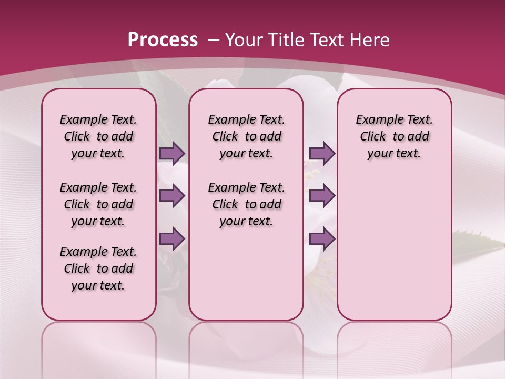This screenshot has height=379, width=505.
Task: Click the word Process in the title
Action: pyautogui.click(x=163, y=39)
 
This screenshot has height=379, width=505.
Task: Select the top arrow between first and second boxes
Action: pyautogui.click(x=171, y=153)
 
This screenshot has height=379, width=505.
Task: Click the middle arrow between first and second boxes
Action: pyautogui.click(x=171, y=196)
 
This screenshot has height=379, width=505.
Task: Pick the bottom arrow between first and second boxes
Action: pyautogui.click(x=171, y=238)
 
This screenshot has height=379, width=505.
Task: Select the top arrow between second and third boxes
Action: pyautogui.click(x=322, y=153)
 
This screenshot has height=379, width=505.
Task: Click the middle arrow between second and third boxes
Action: pyautogui.click(x=322, y=196)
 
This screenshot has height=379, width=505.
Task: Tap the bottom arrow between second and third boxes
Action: pyautogui.click(x=322, y=238)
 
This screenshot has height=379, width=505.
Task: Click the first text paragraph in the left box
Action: pyautogui.click(x=98, y=136)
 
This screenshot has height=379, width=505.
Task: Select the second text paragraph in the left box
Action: pyautogui.click(x=98, y=204)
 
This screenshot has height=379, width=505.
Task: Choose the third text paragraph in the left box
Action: pyautogui.click(x=98, y=268)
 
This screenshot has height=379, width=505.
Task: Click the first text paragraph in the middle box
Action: pyautogui.click(x=246, y=136)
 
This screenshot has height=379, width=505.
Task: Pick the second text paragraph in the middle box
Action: pyautogui.click(x=246, y=204)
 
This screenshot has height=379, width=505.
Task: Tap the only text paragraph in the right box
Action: pyautogui.click(x=394, y=136)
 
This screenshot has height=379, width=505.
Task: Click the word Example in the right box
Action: pyautogui.click(x=376, y=119)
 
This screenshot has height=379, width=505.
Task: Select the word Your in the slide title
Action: pyautogui.click(x=243, y=39)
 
